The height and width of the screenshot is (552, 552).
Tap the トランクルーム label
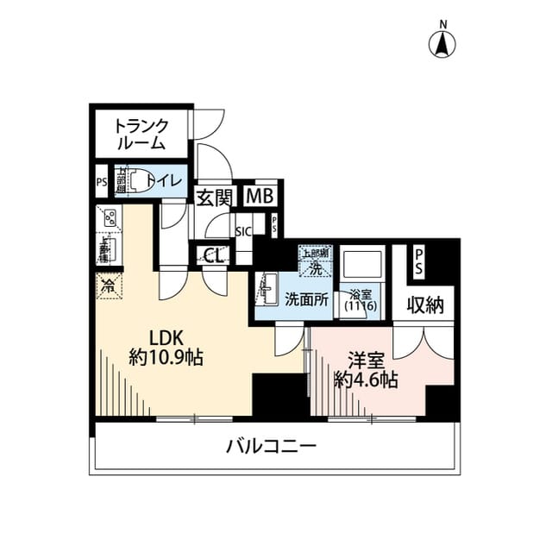(x=142, y=135)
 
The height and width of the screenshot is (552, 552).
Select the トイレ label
(x=163, y=180)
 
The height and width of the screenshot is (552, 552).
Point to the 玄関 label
(x=213, y=198)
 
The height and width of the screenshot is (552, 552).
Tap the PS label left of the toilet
(x=101, y=182)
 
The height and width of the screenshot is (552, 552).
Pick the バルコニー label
(x=272, y=446)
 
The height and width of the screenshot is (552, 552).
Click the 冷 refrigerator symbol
(x=110, y=283)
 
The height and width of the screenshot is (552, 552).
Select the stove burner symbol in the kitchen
(x=110, y=219)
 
